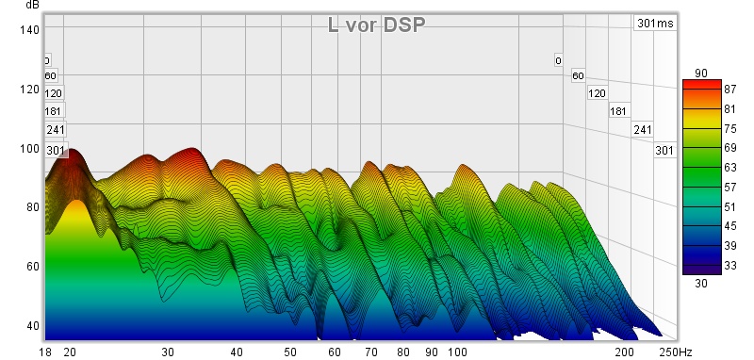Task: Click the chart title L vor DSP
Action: (376, 25)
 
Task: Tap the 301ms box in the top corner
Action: (655, 23)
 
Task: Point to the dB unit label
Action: (32, 5)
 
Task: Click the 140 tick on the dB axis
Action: (29, 30)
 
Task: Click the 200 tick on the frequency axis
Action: (624, 352)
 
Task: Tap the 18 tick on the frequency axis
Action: (45, 352)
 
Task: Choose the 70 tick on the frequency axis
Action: (370, 352)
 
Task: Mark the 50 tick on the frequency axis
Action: (290, 352)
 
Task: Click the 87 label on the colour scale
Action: (729, 90)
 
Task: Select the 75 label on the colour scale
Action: (729, 129)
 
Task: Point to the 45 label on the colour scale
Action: (729, 226)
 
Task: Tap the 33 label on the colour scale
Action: (729, 266)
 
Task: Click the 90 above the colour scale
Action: (701, 74)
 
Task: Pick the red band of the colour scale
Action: (702, 86)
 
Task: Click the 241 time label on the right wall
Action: (643, 130)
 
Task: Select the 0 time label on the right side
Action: (558, 61)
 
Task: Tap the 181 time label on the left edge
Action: (53, 111)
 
